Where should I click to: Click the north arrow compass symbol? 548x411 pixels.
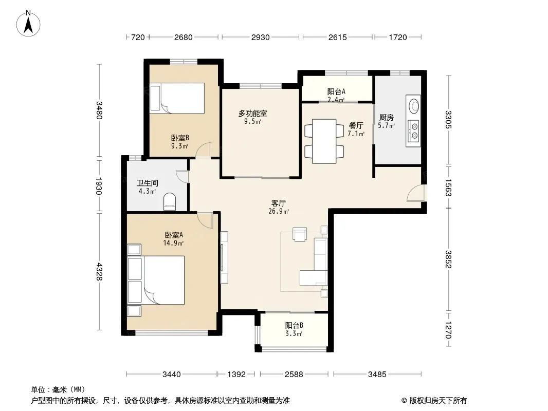coord(28,24)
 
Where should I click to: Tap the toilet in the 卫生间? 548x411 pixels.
coord(170,201)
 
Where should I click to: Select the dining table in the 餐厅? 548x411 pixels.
coord(324,141)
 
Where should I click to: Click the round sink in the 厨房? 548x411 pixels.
coord(414,106)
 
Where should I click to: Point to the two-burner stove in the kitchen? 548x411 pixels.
coord(414,130)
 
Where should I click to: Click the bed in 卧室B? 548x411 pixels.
coord(177,98)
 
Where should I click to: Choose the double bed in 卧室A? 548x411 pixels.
coord(156,280)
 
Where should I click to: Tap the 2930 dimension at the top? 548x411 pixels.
coord(260,37)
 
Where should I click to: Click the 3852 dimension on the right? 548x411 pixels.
coord(448,259)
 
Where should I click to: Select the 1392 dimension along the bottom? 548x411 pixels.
coord(236,375)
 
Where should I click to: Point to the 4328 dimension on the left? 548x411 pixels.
coord(99,271)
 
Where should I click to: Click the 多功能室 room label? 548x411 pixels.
coord(253,113)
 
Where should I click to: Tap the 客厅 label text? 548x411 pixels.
coord(279,203)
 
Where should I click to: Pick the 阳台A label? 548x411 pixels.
coord(336,91)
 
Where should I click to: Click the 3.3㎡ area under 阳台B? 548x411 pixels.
coord(294,333)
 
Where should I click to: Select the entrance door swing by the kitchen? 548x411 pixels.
coord(415,193)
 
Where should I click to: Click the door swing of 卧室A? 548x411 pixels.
coord(205,220)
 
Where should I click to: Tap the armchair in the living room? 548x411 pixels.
coord(300,235)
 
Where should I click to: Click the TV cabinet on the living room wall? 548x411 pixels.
coord(224,257)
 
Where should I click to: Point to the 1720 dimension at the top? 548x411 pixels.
coord(398,37)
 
